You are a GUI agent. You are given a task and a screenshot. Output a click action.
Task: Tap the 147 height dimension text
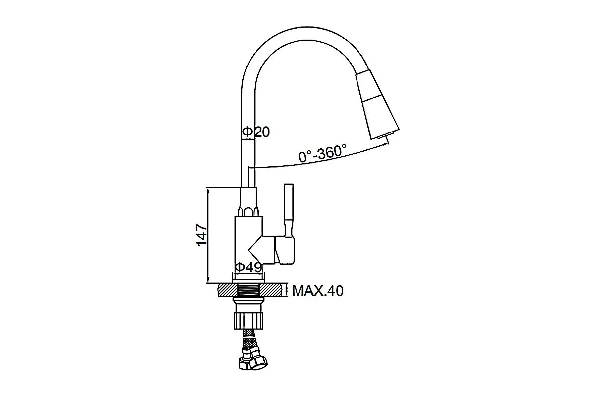200,235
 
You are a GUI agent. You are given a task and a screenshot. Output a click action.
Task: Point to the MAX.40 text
317,290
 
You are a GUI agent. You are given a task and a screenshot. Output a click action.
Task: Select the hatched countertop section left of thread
227,289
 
